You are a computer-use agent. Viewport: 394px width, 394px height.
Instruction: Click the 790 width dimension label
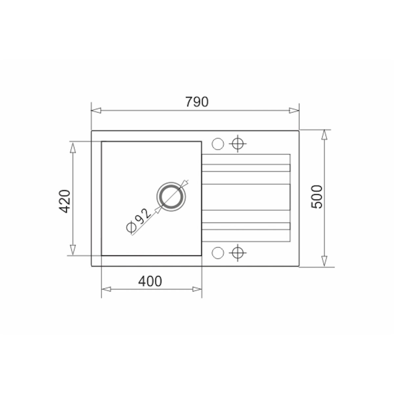click(x=197, y=102)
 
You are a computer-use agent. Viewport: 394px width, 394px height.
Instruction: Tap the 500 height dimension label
click(x=317, y=197)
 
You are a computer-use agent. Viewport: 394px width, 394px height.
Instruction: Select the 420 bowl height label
click(x=65, y=201)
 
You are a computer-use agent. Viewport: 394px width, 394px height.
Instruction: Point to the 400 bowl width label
click(x=150, y=281)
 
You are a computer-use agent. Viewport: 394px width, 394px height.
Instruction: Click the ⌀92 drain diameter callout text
click(x=139, y=221)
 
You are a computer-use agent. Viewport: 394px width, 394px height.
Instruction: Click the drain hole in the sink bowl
click(x=171, y=196)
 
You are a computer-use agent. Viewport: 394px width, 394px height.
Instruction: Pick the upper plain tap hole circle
click(x=218, y=144)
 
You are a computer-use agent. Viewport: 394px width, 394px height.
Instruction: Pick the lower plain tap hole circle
click(x=218, y=253)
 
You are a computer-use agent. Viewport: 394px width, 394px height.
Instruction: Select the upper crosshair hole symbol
click(x=238, y=143)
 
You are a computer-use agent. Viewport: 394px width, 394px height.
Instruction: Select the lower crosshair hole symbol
click(x=238, y=253)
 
